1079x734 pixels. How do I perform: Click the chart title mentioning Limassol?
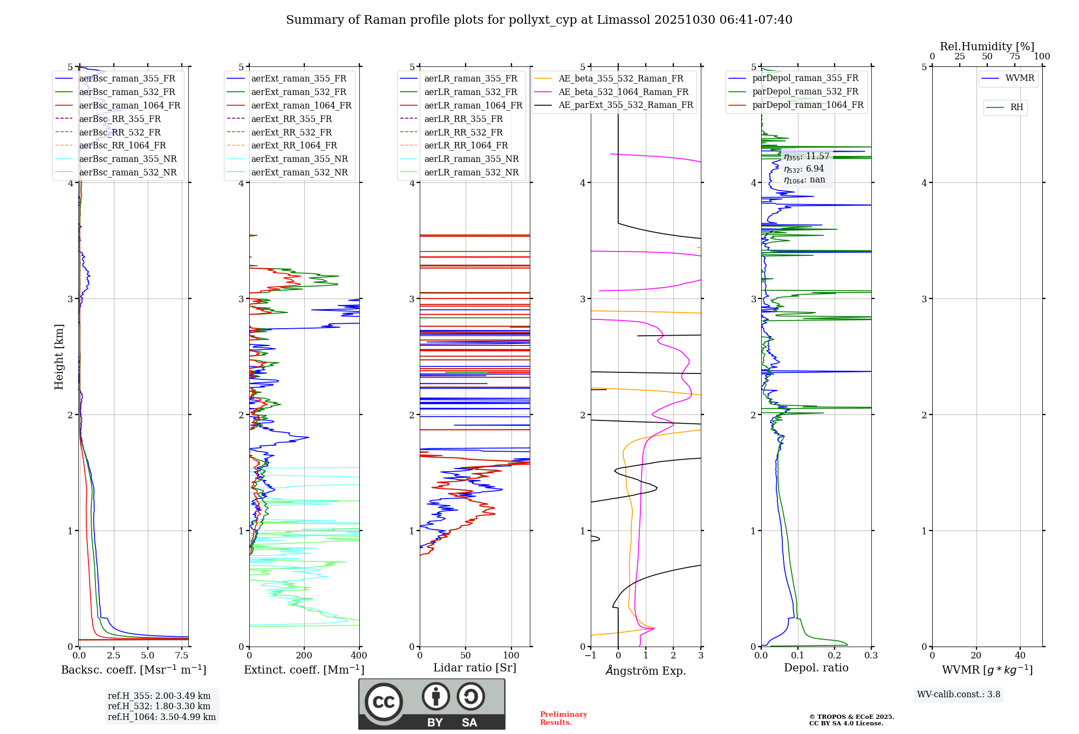[539, 20]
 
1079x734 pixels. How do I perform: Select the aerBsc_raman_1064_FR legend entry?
[129, 105]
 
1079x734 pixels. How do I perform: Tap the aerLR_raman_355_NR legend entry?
[471, 159]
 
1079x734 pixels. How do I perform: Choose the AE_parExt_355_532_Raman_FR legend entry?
[625, 105]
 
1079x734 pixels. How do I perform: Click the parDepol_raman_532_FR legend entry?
[805, 92]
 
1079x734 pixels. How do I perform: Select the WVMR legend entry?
[1020, 78]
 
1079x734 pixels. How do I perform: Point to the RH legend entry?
[1016, 107]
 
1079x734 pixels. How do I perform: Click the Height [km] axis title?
[59, 356]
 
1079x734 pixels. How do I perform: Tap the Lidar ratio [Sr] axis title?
[475, 668]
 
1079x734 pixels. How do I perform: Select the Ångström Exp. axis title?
[646, 670]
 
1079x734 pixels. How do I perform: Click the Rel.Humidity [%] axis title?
[987, 46]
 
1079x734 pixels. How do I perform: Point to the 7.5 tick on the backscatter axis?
[182, 656]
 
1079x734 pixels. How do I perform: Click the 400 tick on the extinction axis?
[359, 656]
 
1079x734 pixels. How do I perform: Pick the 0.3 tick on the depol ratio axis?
[871, 656]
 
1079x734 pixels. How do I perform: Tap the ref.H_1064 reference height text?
[162, 717]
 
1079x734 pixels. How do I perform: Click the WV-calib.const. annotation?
[959, 695]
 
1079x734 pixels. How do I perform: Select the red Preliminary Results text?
[563, 718]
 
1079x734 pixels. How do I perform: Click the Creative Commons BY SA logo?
[432, 704]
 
